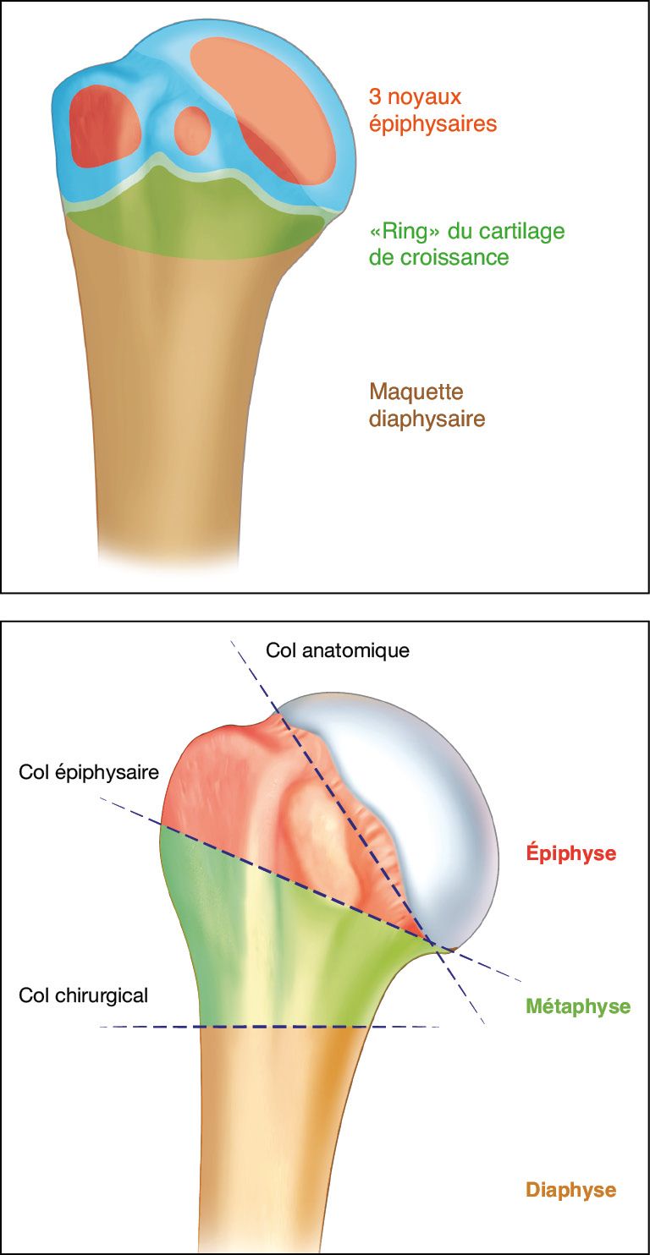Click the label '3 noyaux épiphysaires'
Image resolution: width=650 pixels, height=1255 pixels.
tap(432, 111)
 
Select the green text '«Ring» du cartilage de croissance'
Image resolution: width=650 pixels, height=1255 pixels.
tap(466, 243)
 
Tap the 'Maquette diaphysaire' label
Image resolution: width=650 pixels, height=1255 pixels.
tap(427, 405)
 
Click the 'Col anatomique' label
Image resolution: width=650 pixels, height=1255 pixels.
tap(337, 650)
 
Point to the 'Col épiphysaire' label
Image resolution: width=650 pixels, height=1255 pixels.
tap(89, 772)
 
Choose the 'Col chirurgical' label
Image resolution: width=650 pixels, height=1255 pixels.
tap(83, 995)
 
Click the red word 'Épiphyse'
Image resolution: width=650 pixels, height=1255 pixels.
tap(570, 853)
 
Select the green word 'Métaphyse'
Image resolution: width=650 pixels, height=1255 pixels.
tap(577, 1006)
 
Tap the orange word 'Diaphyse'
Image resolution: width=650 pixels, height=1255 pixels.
tap(570, 1190)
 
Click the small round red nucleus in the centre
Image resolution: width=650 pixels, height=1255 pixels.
tap(192, 129)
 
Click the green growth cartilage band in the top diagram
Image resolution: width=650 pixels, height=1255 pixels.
tap(195, 220)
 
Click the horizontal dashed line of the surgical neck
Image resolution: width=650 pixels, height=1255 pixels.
tap(279, 1027)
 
